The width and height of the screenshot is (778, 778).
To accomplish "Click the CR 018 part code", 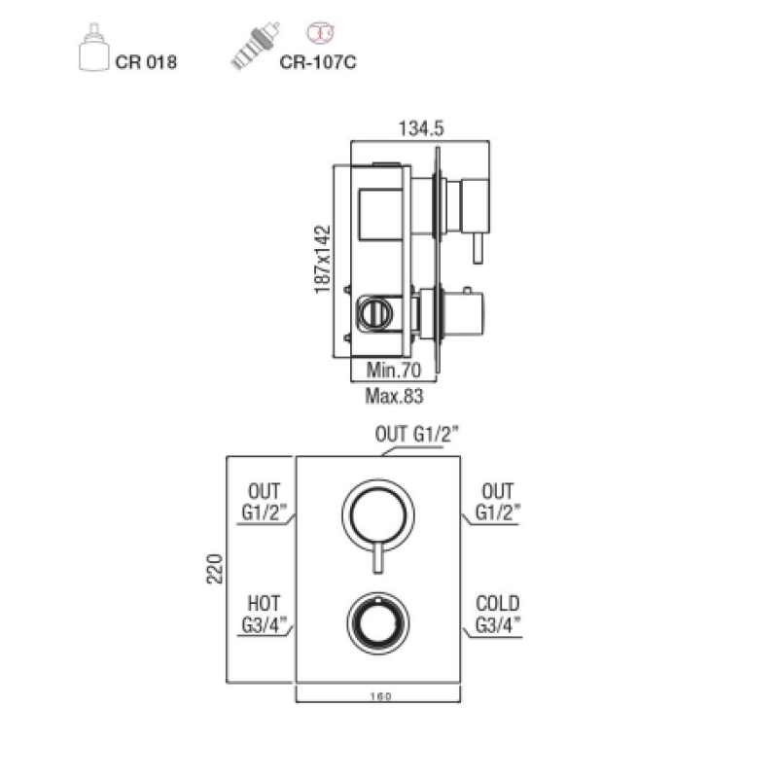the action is pyautogui.click(x=146, y=62).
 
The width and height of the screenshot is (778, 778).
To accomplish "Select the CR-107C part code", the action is pyautogui.click(x=318, y=62).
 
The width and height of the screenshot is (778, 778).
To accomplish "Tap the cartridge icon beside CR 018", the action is pyautogui.click(x=93, y=47).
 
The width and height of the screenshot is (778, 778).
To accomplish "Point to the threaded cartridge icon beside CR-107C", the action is pyautogui.click(x=255, y=46).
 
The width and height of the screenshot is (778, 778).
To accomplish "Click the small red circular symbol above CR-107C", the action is pyautogui.click(x=320, y=32).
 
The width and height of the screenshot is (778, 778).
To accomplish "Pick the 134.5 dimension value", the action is pyautogui.click(x=421, y=128).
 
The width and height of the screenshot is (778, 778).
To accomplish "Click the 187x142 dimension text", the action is pyautogui.click(x=322, y=260).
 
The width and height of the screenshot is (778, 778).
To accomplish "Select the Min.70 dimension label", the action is pyautogui.click(x=394, y=370).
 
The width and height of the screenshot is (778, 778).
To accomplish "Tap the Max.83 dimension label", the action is pyautogui.click(x=394, y=396).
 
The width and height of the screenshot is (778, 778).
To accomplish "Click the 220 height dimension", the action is pyautogui.click(x=215, y=569).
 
